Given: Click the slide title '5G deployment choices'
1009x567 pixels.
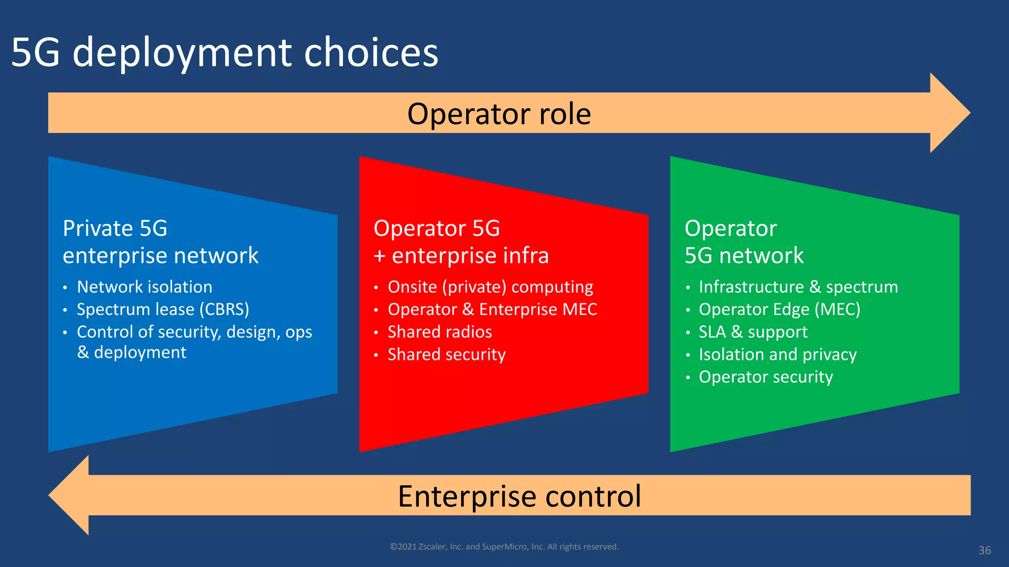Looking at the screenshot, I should [x=225, y=53].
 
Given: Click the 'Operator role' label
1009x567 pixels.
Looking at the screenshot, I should [x=499, y=114].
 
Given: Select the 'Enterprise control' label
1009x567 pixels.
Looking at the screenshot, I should [x=519, y=496].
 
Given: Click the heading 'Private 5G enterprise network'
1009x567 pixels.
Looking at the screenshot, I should [x=160, y=242].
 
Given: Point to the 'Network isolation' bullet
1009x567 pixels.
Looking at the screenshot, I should [x=144, y=287].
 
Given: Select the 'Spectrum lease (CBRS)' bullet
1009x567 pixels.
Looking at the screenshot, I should [x=163, y=310].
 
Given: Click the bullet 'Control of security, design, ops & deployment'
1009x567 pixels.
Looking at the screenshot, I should [x=194, y=342].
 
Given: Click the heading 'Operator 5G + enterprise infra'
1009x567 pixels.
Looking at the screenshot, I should [x=461, y=242].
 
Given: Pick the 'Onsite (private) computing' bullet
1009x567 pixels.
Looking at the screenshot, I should [x=490, y=287].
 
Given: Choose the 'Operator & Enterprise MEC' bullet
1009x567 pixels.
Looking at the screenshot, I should [x=492, y=310].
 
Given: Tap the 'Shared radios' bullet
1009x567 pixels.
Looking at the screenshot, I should [x=439, y=332].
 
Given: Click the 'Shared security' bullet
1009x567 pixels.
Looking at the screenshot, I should [x=446, y=355].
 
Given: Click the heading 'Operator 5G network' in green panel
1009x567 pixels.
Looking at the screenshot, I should [x=744, y=242].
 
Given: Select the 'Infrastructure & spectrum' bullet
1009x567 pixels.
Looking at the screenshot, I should [x=798, y=287].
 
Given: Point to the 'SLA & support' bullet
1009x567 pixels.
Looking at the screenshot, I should [x=753, y=332].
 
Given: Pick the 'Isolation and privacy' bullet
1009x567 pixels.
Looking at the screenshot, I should [x=777, y=355].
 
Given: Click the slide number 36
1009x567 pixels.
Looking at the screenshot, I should [x=984, y=550].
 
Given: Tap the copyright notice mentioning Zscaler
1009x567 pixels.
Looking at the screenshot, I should [x=504, y=547].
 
